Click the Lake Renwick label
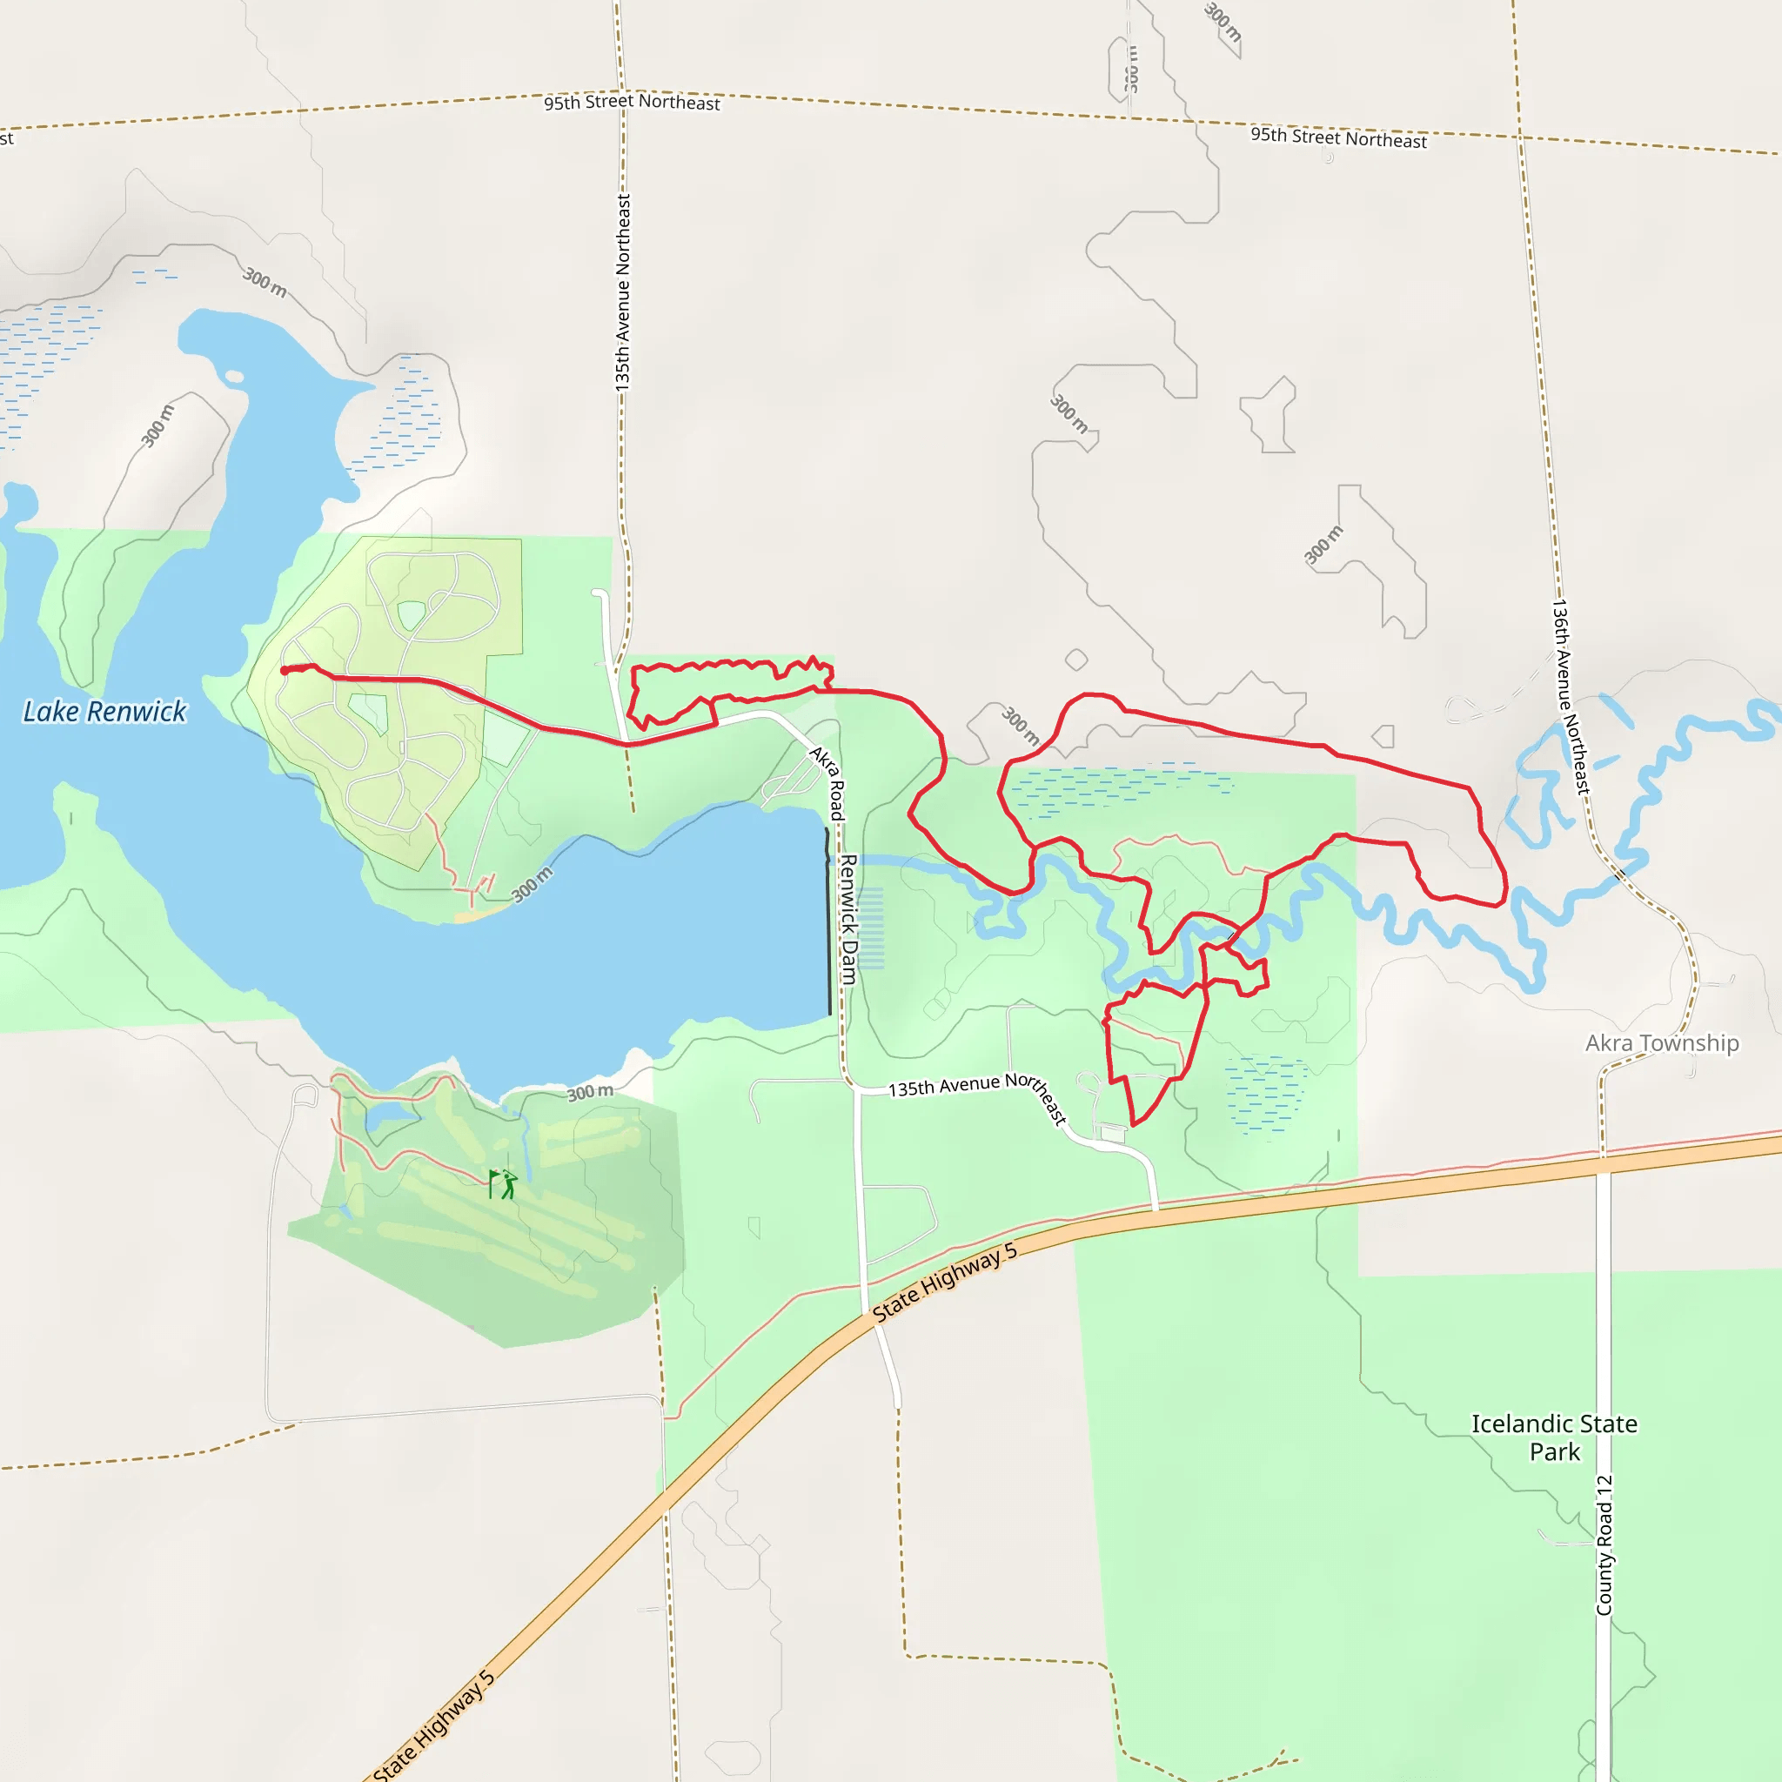[104, 711]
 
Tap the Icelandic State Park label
[1554, 1437]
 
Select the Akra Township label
[1661, 1043]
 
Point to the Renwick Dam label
[847, 919]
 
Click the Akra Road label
[827, 783]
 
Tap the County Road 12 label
[1604, 1545]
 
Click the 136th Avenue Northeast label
[1571, 697]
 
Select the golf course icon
[503, 1183]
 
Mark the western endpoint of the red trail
[284, 671]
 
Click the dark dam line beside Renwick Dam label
[828, 922]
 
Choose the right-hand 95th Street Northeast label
[1338, 138]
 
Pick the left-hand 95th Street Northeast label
[632, 103]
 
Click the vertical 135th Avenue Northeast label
[624, 291]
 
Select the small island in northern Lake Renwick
[234, 376]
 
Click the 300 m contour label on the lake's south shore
[589, 1093]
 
